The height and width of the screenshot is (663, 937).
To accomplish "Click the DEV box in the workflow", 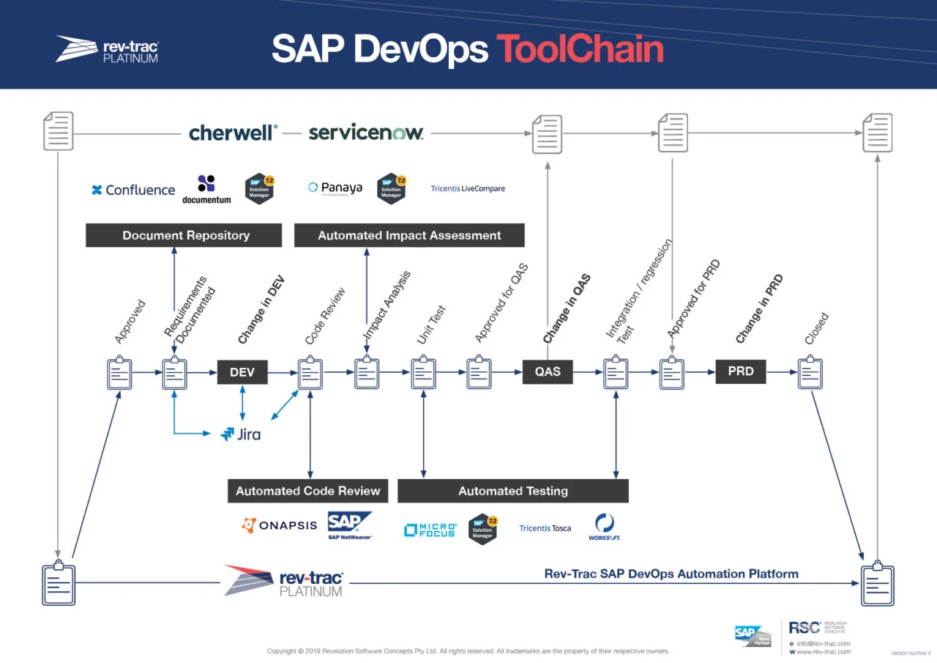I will pos(242,372).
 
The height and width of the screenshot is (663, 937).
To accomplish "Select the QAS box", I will pos(548,371).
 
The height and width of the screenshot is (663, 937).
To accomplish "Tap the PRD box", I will pos(741,371).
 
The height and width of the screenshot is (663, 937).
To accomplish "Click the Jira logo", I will pos(241,434).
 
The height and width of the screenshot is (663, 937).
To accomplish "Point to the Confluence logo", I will pos(133,190).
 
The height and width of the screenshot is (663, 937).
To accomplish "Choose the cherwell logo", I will pos(233,133).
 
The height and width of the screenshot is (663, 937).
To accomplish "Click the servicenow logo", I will pos(366,133).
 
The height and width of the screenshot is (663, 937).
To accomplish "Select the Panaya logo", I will pos(335,188).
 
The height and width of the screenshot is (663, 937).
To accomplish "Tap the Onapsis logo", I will pos(280,525).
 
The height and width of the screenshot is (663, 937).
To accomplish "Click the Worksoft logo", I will pos(605,527).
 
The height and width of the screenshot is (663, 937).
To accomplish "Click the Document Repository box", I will pos(184,236).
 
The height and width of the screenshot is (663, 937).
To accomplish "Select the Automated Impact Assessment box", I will pos(409,236).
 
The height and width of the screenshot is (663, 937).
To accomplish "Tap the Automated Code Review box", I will pos(307,491).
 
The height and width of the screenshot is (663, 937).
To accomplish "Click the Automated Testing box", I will pos(512,491).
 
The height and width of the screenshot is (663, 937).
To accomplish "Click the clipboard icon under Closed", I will pos(810,374).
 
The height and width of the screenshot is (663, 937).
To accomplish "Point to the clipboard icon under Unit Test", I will pos(423,374).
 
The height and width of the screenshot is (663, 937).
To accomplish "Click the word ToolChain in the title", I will pos(580,49).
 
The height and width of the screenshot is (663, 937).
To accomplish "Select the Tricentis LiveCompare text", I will pos(468,189).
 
